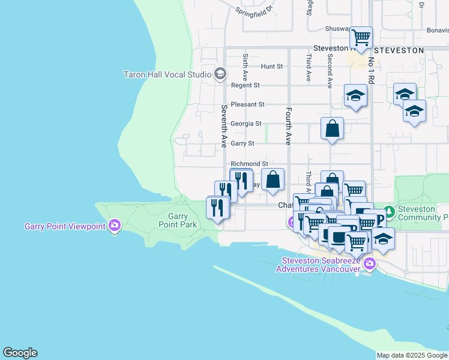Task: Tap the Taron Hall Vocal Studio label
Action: [x=167, y=74]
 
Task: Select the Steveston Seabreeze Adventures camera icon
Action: [x=369, y=263]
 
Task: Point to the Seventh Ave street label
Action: [x=224, y=126]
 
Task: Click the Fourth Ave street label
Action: [x=289, y=126]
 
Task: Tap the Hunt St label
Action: [x=272, y=67]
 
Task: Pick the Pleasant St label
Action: [x=247, y=104]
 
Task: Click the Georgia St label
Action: [x=246, y=124]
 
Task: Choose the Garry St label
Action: [x=243, y=143]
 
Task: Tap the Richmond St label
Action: [x=249, y=164]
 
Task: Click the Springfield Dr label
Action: [x=255, y=10]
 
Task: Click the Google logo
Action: [x=20, y=353]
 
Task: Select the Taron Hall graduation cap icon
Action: [x=220, y=74]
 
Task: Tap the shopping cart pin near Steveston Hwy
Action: [x=361, y=38]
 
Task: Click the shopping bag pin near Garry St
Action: [x=332, y=128]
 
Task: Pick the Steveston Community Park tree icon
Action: [x=390, y=212]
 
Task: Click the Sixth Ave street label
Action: [x=246, y=67]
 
